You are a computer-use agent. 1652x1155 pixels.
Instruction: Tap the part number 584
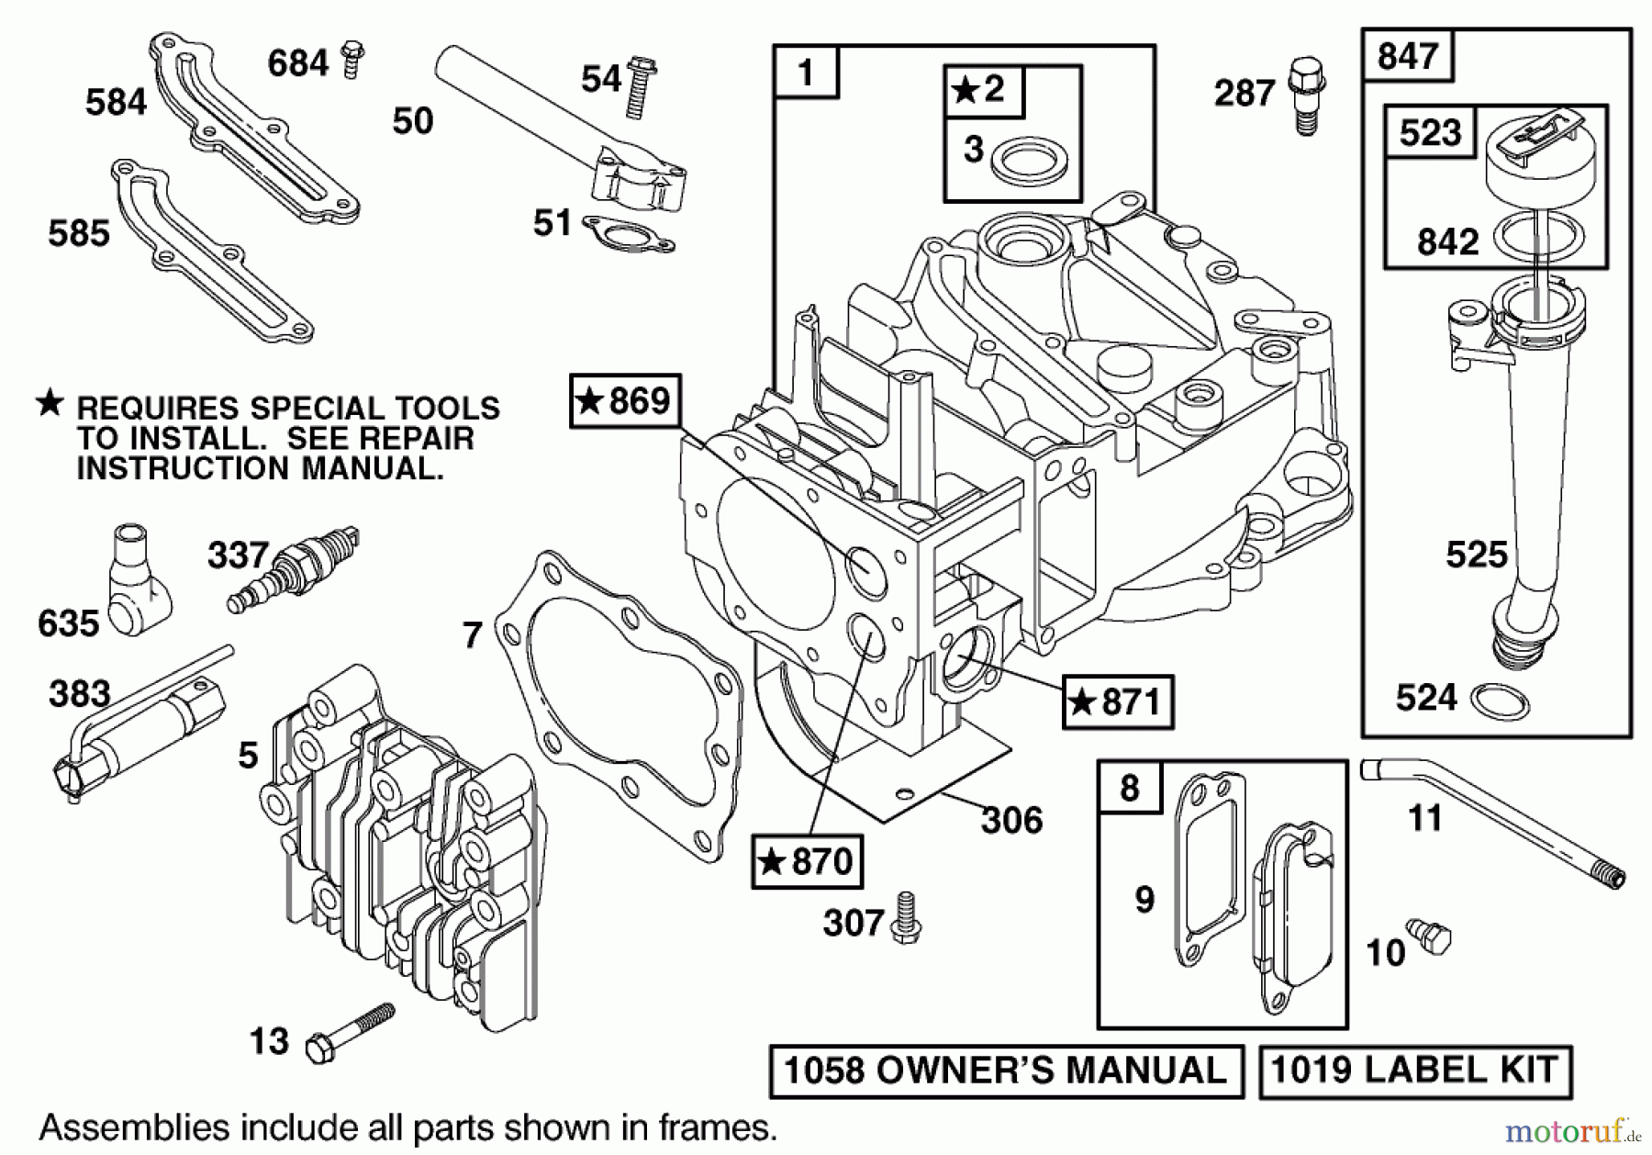tap(116, 102)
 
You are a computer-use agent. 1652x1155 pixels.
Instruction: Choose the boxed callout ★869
tap(625, 401)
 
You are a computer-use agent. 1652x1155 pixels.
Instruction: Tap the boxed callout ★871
tap(1117, 702)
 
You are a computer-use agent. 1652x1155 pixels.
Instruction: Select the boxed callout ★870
tap(807, 861)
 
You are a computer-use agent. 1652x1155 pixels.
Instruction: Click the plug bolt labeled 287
tap(1305, 95)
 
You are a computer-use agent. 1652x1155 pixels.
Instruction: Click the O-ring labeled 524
tap(1500, 702)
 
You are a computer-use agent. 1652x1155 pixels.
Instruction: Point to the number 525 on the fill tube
tap(1477, 555)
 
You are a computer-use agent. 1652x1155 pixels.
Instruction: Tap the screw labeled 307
tap(906, 917)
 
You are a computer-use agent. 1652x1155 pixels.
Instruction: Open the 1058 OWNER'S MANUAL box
tap(1006, 1071)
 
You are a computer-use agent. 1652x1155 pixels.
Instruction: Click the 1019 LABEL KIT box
tap(1414, 1071)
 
